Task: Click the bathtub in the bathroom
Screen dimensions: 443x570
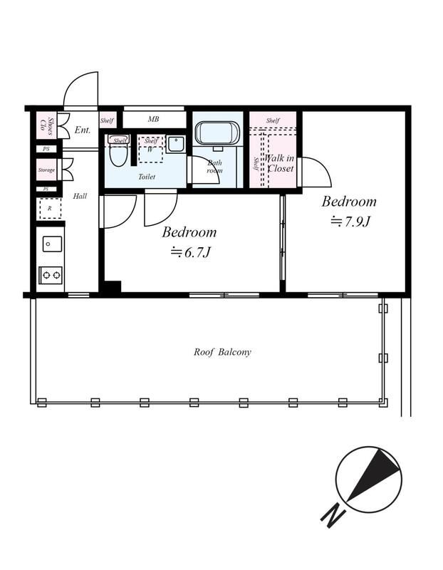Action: (x=217, y=133)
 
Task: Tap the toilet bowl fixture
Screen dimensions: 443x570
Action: (x=118, y=150)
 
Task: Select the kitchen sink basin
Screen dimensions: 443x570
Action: (x=52, y=244)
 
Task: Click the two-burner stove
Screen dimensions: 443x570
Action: (x=51, y=275)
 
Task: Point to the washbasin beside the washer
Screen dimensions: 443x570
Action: (x=176, y=144)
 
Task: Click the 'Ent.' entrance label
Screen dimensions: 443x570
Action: (x=83, y=130)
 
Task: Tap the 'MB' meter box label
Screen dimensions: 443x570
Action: (x=153, y=119)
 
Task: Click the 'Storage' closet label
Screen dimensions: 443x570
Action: (x=46, y=170)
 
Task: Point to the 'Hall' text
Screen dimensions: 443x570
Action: (x=80, y=196)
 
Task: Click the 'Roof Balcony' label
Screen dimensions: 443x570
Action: (x=222, y=352)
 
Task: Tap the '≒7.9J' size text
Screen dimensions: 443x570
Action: (x=350, y=221)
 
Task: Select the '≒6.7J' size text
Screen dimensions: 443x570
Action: (x=191, y=252)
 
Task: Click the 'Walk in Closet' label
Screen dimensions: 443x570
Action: (x=279, y=163)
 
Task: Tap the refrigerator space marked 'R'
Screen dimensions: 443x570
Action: (x=49, y=209)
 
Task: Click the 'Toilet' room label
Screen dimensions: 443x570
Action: (x=147, y=177)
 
